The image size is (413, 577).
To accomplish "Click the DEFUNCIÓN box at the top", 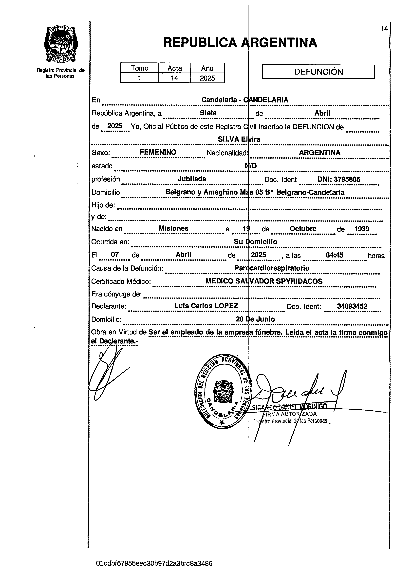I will coord(318,72).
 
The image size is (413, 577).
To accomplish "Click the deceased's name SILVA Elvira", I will coord(239,139).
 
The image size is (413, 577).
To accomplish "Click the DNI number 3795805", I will coord(347,179).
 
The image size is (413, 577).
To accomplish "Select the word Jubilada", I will coord(192,179).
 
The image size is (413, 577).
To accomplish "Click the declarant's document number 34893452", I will coord(352,306).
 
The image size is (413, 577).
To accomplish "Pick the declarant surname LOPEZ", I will coord(226,306).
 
